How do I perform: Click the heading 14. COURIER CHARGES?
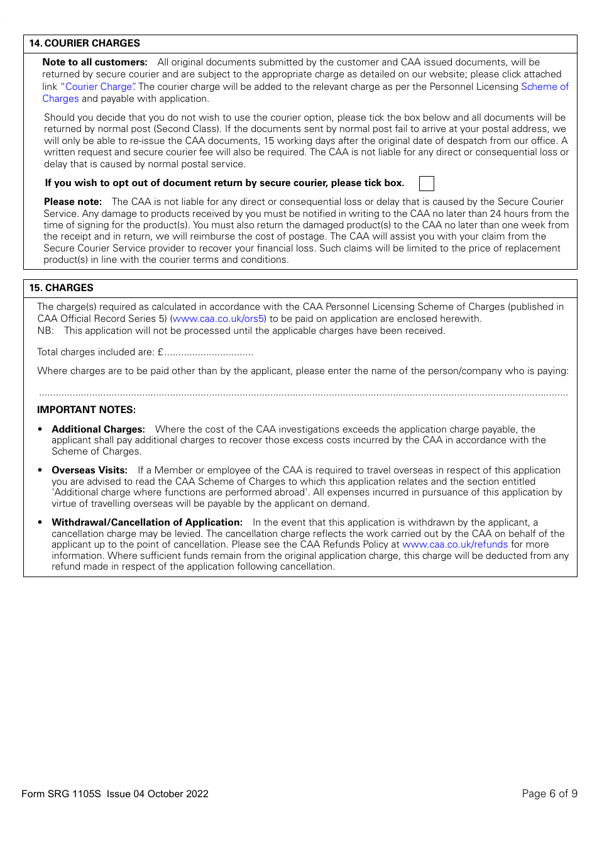coord(84,43)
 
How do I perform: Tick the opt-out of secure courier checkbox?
coord(426,184)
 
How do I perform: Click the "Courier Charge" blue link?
coord(97,87)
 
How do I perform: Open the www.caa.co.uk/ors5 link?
coord(218,319)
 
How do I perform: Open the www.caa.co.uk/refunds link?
coord(454,544)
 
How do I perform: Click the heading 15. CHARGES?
coord(61,288)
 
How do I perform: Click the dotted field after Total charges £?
coord(209,353)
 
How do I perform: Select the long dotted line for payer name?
coord(303,394)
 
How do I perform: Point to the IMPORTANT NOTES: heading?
coord(86,410)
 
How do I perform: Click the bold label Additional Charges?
coord(98,429)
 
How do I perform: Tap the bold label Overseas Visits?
coord(89,470)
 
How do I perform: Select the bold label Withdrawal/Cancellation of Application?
coord(146,522)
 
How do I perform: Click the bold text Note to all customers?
coord(95,62)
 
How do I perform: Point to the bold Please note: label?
coord(73,202)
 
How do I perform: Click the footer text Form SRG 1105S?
coord(61,794)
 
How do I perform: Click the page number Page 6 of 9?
coord(549,793)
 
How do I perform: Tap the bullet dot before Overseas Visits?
coord(40,470)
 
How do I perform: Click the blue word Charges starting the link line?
coord(60,99)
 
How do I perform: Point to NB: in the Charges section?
coord(45,331)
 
